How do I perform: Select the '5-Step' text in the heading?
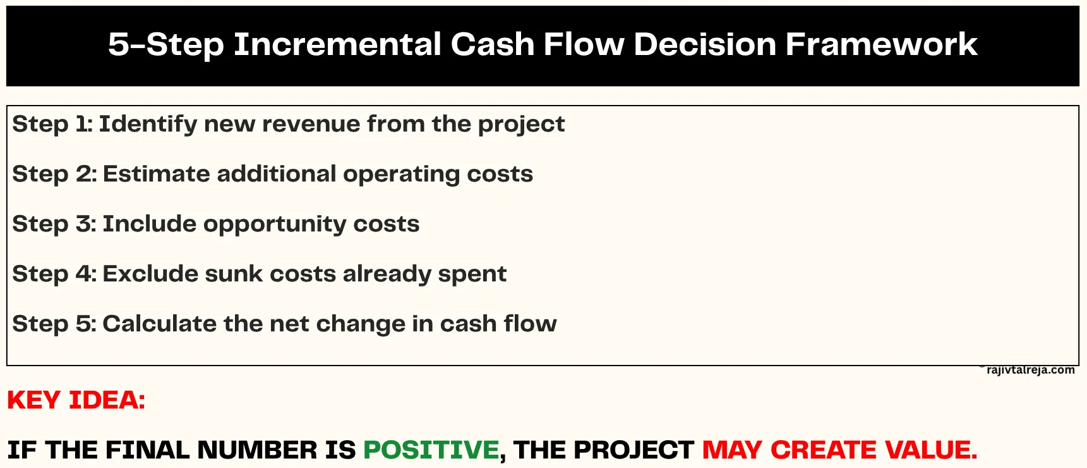coord(166,44)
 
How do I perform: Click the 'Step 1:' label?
coord(52,124)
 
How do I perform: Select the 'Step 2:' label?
coord(54,174)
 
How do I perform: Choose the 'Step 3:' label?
coord(54,224)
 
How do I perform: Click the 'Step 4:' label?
coord(54,274)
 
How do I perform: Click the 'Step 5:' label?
coord(54,324)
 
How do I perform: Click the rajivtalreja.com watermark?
coord(1030,370)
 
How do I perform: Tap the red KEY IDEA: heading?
coord(76,400)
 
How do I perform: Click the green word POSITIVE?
coord(431,450)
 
